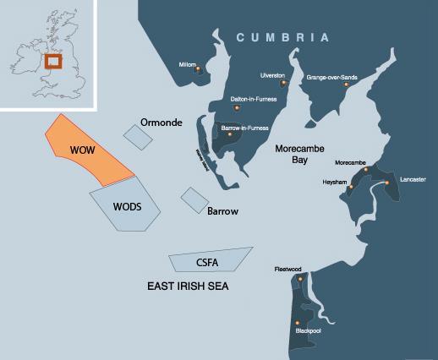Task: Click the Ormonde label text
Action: (x=161, y=123)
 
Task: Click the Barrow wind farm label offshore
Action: (x=222, y=210)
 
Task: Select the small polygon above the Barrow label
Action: (x=194, y=199)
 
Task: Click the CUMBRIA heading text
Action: (x=282, y=37)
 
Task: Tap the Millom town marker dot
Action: (x=198, y=69)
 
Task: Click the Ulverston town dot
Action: (x=283, y=84)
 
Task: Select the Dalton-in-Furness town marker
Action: (x=238, y=107)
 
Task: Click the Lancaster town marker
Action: (x=386, y=183)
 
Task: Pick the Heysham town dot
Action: (x=349, y=186)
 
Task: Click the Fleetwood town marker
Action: (x=298, y=276)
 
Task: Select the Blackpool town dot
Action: (x=296, y=323)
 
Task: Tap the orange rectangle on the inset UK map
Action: (x=52, y=63)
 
